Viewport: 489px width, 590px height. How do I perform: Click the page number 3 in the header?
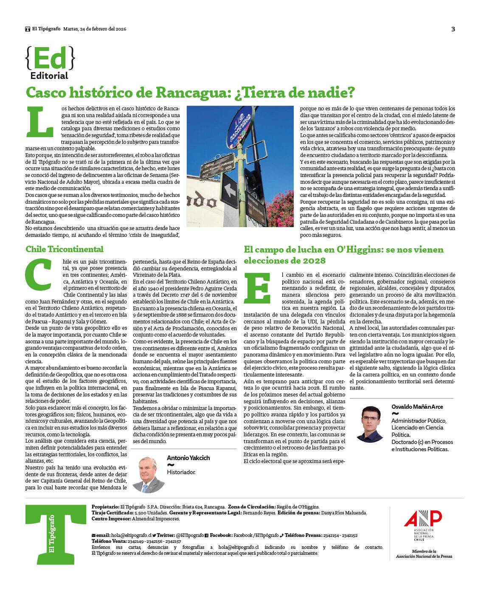(x=453, y=29)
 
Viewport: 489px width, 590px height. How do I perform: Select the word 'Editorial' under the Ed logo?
(x=49, y=76)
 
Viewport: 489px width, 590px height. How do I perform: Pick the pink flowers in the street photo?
(x=281, y=208)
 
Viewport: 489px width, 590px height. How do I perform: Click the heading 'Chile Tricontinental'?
(x=65, y=249)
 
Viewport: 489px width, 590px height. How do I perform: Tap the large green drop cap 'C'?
(x=39, y=274)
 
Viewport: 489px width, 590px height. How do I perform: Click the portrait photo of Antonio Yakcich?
(x=148, y=475)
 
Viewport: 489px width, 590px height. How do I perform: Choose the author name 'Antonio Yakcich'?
(x=188, y=458)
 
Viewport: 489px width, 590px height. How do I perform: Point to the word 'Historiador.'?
(x=181, y=472)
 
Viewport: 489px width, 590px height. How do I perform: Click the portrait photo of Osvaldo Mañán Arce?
(x=370, y=424)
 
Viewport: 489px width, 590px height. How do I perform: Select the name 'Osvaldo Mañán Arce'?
(x=417, y=407)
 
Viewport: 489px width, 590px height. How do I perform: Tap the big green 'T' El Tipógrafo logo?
(x=56, y=534)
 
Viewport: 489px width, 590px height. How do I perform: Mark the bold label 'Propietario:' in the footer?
(x=105, y=507)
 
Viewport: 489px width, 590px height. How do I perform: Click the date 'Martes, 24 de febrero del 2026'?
(x=95, y=29)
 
